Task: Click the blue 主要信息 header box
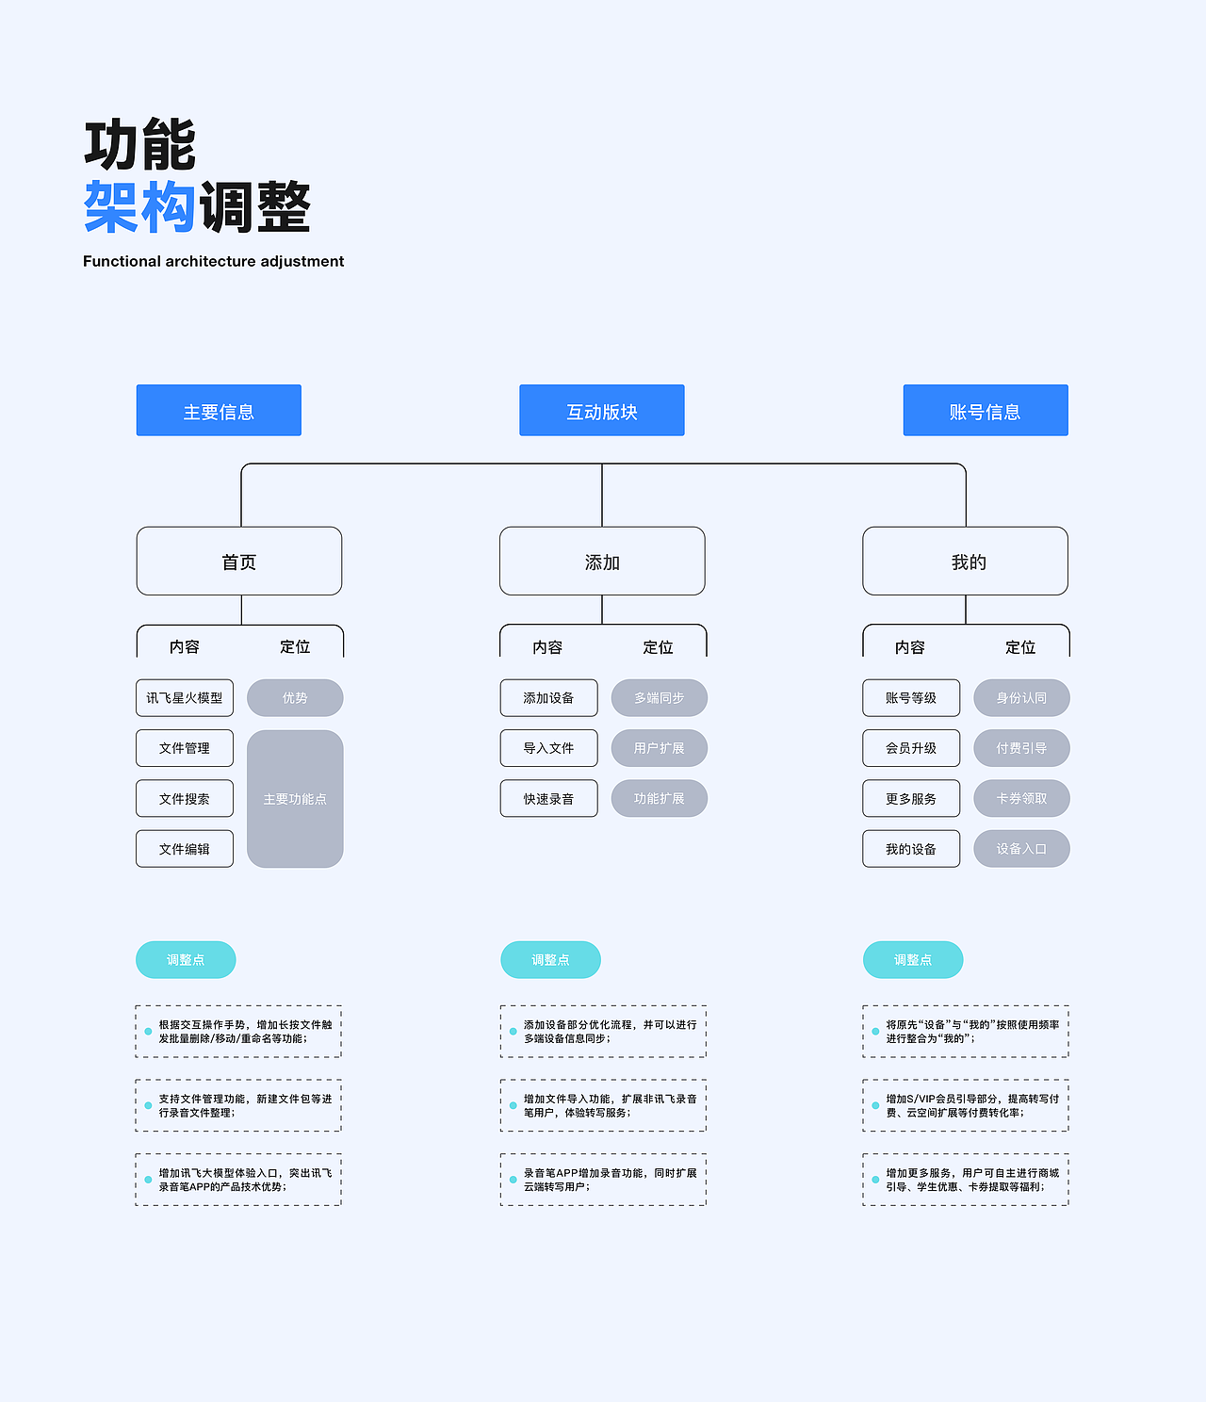[x=219, y=411]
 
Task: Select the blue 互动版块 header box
[x=602, y=411]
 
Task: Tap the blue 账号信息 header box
[x=986, y=411]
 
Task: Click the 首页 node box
[x=239, y=562]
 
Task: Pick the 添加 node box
[x=602, y=562]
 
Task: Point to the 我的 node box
[x=966, y=562]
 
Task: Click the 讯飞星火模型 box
[x=185, y=698]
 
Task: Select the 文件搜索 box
[x=185, y=799]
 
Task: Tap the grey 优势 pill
[x=295, y=698]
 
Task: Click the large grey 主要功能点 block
[x=295, y=799]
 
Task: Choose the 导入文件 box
[x=548, y=748]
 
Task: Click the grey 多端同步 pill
[x=659, y=698]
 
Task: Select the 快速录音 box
[x=548, y=799]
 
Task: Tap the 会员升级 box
[x=911, y=748]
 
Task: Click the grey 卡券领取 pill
[x=1021, y=799]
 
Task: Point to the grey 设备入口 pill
[x=1021, y=849]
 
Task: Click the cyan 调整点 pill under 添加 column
[x=550, y=960]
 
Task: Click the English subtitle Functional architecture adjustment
[x=214, y=261]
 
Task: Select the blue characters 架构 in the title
[x=139, y=207]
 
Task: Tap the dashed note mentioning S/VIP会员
[x=966, y=1105]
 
